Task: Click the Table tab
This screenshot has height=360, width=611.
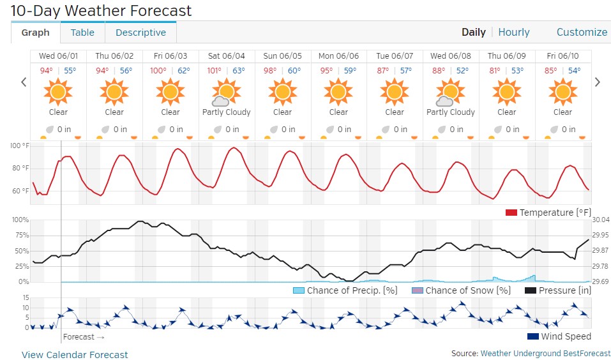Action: click(82, 33)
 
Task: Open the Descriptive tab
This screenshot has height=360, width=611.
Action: click(140, 33)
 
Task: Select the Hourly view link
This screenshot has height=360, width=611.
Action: click(514, 33)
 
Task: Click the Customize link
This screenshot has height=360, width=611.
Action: click(582, 33)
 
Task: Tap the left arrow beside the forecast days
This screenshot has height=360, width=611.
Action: click(24, 82)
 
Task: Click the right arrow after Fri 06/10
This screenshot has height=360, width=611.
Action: click(598, 82)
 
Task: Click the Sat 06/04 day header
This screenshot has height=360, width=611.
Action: click(226, 56)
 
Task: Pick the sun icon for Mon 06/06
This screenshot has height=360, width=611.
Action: click(338, 93)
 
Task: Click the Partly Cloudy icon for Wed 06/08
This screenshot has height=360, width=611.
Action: click(450, 93)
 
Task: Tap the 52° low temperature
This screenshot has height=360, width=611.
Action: click(462, 71)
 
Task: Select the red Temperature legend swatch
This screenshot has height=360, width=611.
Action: click(511, 213)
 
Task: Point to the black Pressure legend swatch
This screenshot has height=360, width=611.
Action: click(530, 290)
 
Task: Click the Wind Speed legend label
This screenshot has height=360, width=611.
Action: click(566, 336)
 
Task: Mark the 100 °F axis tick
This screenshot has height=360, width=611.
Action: click(20, 146)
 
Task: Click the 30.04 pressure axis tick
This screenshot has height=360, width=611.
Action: click(601, 220)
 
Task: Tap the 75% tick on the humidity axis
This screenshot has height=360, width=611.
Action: click(20, 235)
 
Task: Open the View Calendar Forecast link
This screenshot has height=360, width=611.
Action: click(75, 355)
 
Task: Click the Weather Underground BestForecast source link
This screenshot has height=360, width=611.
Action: click(545, 353)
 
